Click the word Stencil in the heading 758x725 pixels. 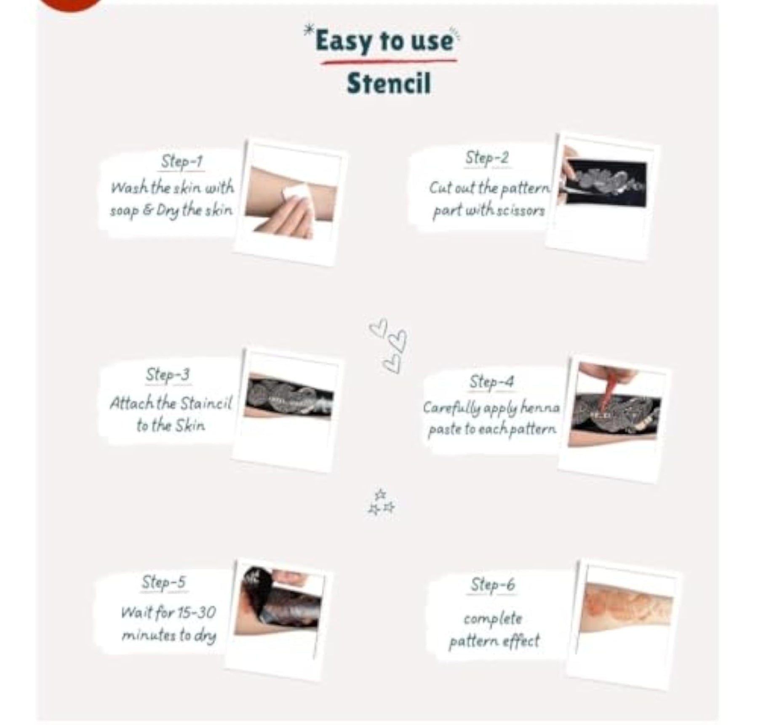(x=389, y=84)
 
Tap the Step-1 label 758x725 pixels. (x=182, y=161)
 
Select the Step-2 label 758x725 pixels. (x=487, y=158)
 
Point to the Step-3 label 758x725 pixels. (x=168, y=375)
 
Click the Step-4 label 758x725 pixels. (x=491, y=382)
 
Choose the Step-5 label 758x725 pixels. (x=163, y=582)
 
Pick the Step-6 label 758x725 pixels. (x=492, y=584)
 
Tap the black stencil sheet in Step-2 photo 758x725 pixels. (x=604, y=182)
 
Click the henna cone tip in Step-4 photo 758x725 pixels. (x=603, y=408)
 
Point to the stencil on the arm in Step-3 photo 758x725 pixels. (x=289, y=396)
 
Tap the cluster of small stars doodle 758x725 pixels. (x=381, y=502)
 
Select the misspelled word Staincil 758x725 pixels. (x=206, y=403)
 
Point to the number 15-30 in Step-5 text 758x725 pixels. (x=196, y=612)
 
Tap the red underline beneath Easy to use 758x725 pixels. (x=388, y=62)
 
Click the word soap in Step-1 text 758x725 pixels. (x=125, y=211)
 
